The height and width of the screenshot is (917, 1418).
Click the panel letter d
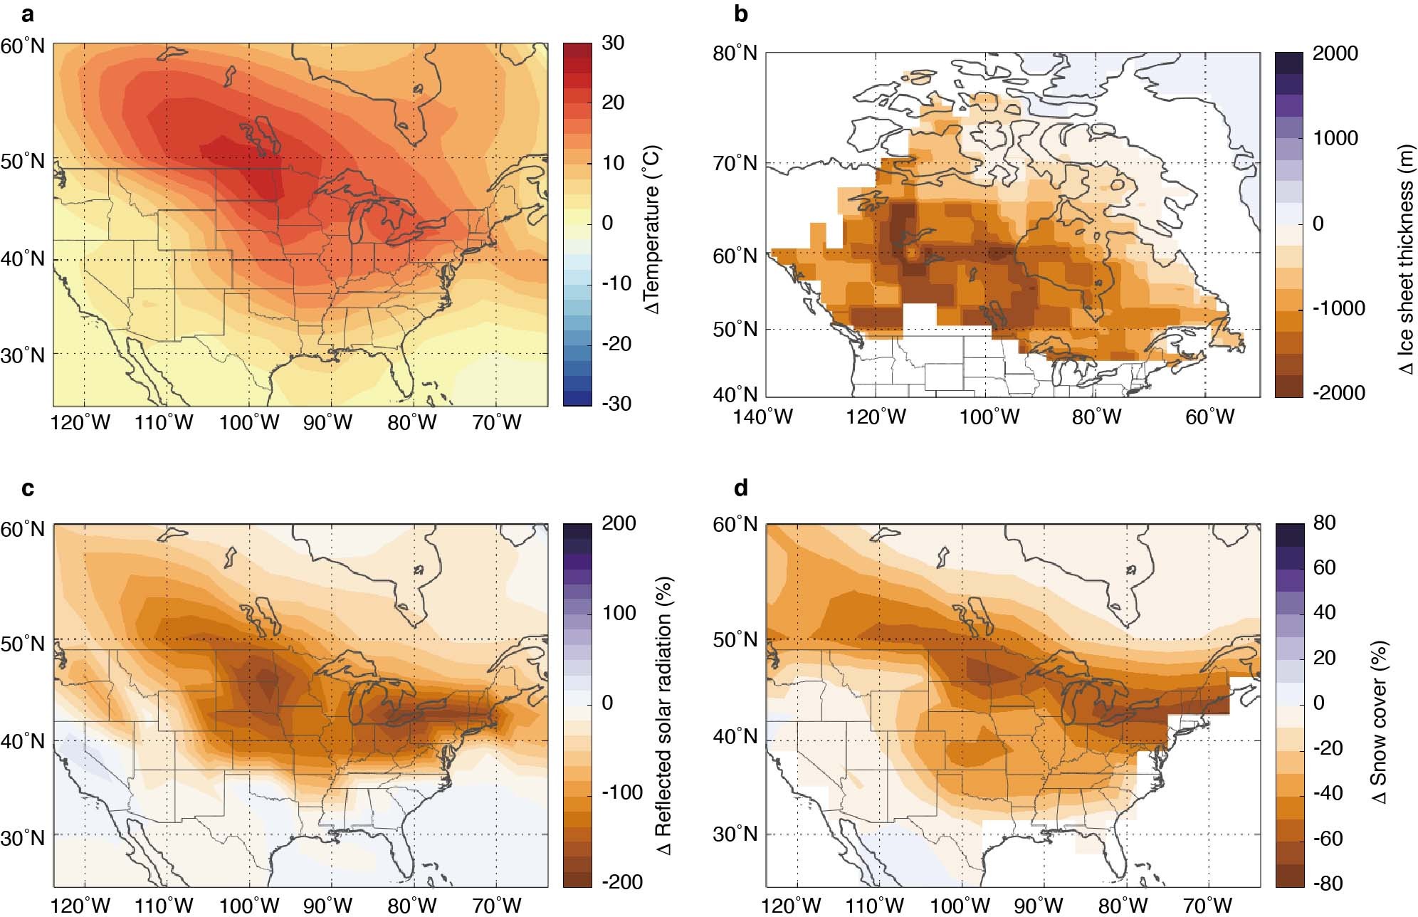tap(741, 488)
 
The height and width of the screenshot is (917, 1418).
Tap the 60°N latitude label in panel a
tap(23, 47)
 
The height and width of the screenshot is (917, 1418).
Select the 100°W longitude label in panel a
tap(248, 423)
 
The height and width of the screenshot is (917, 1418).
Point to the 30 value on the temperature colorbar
tap(613, 43)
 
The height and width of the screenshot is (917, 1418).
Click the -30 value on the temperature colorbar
tap(616, 404)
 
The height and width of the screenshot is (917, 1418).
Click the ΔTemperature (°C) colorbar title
tap(651, 229)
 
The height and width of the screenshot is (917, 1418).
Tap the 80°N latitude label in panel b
tap(735, 53)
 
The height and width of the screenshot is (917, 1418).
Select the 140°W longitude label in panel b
tap(762, 417)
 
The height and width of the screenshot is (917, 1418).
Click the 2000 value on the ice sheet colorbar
tap(1335, 53)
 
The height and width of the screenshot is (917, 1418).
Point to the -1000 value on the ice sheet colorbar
tap(1338, 308)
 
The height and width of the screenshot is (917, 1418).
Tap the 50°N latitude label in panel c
tap(23, 644)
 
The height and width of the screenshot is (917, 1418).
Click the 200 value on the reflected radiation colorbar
tap(619, 523)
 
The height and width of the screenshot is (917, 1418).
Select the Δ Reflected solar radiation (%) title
tap(663, 716)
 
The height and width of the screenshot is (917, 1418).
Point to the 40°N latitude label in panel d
tap(735, 736)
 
